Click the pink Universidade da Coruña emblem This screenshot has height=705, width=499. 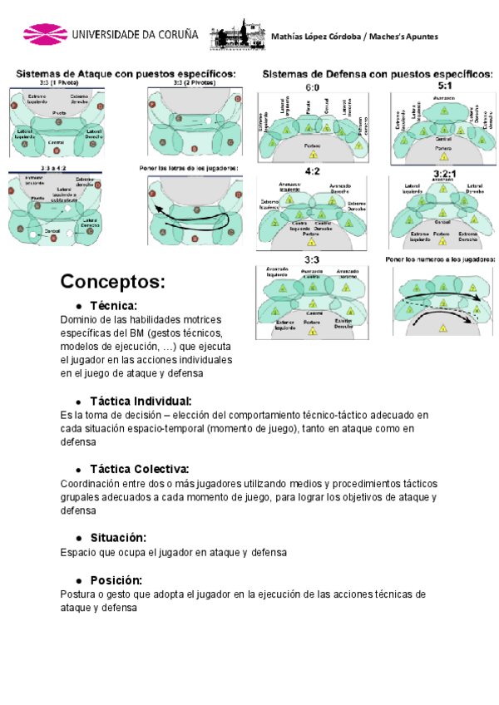45,35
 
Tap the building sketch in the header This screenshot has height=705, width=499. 235,36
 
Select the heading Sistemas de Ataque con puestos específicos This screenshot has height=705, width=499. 126,73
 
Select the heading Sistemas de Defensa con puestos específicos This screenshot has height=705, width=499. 378,73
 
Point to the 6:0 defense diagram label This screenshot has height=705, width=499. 313,86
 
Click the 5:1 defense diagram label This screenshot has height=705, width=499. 445,86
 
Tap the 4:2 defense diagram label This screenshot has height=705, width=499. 313,172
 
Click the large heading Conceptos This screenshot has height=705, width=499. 113,281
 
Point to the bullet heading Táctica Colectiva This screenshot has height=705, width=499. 139,470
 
